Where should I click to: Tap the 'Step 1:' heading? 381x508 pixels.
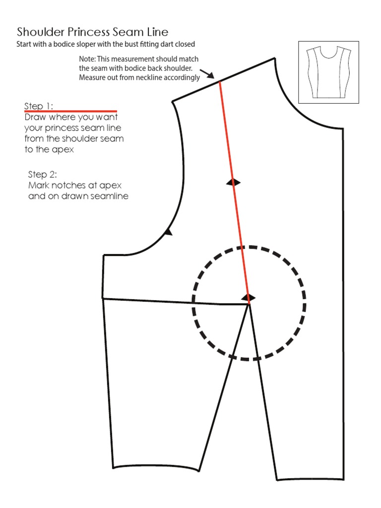pyautogui.click(x=39, y=106)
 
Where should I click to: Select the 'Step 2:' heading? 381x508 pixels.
pyautogui.click(x=42, y=175)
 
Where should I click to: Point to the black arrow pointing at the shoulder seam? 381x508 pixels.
pyautogui.click(x=209, y=75)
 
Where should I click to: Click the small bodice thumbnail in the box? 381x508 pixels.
pyautogui.click(x=328, y=72)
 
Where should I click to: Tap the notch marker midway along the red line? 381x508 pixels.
pyautogui.click(x=233, y=183)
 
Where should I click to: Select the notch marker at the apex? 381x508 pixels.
pyautogui.click(x=249, y=298)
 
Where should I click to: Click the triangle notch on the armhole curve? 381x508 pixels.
pyautogui.click(x=168, y=231)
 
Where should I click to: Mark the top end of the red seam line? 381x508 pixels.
pyautogui.click(x=219, y=82)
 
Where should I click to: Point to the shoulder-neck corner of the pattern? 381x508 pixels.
pyautogui.click(x=274, y=59)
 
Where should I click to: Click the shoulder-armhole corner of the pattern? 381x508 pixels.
pyautogui.click(x=173, y=102)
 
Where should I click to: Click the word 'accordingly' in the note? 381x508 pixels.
pyautogui.click(x=183, y=77)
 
